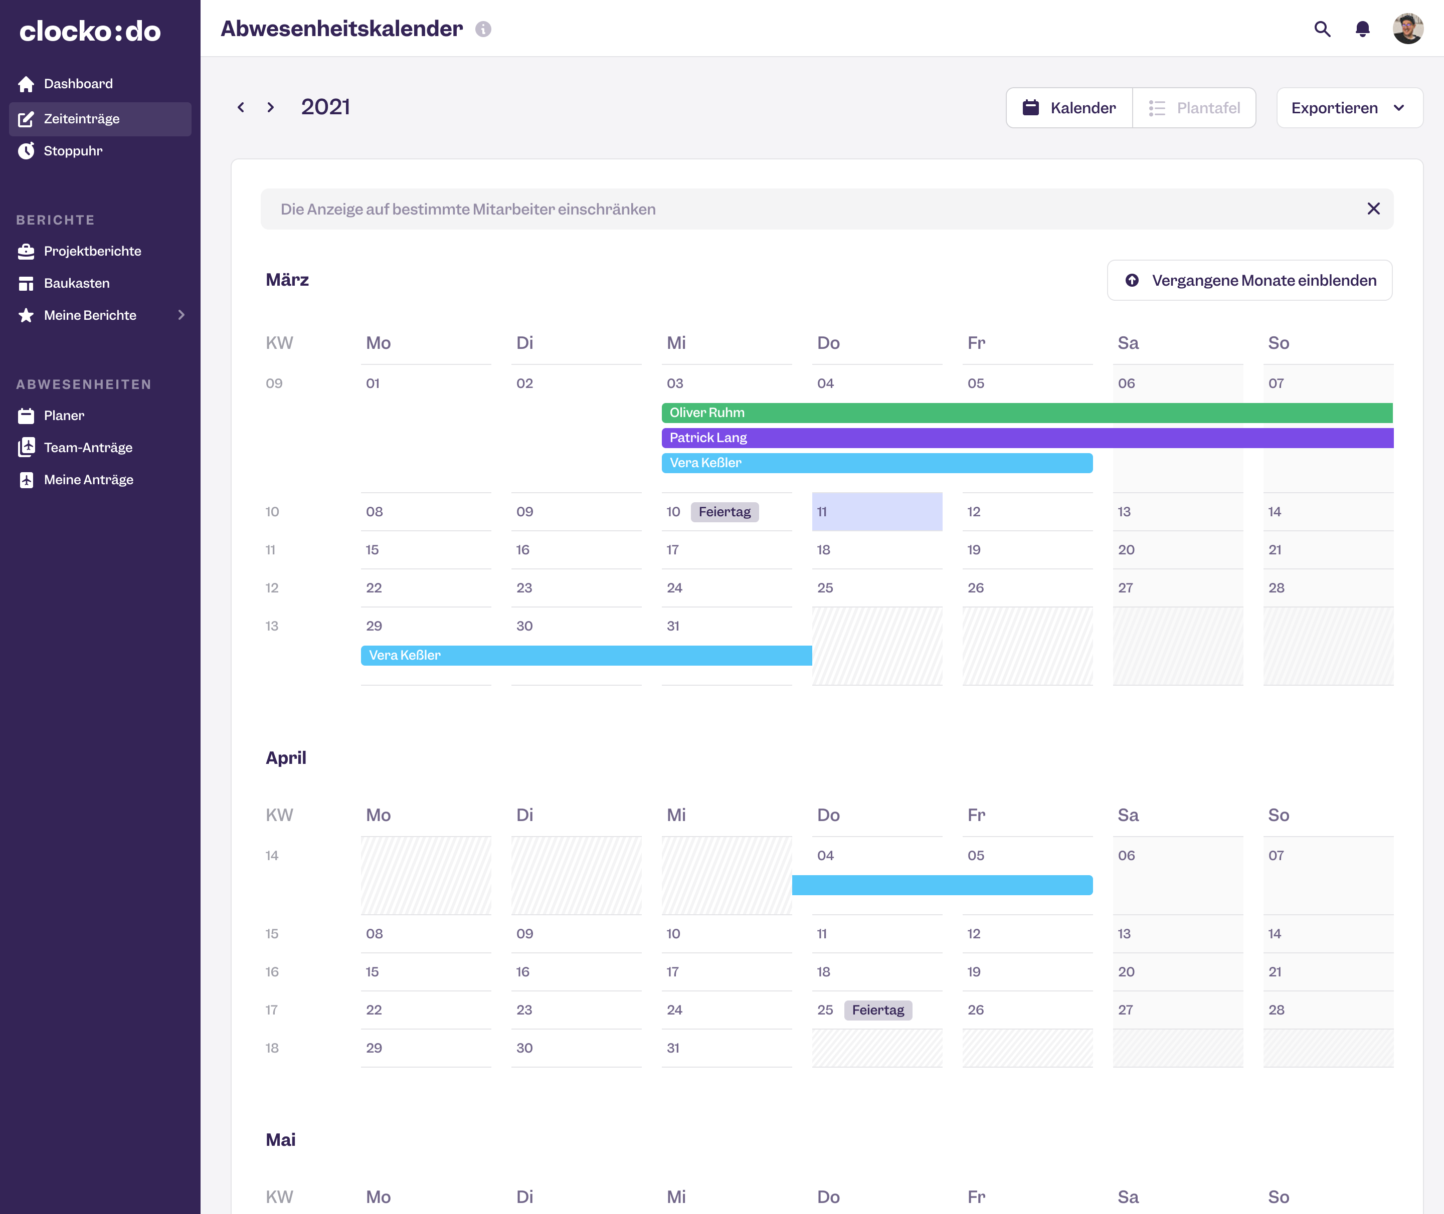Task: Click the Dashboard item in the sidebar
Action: (x=78, y=84)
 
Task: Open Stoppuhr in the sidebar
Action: (x=73, y=151)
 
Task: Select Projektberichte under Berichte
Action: (x=92, y=251)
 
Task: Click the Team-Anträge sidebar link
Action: (x=88, y=447)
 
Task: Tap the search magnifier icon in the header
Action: (x=1322, y=29)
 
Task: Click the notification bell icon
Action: (x=1362, y=29)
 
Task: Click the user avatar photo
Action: (x=1407, y=29)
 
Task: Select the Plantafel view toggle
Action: (x=1194, y=108)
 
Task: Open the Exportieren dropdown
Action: (x=1348, y=108)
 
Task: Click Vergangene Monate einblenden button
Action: (x=1249, y=280)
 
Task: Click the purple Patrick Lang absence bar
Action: (x=1025, y=438)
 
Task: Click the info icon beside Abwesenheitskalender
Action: (x=483, y=29)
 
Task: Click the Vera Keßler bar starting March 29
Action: (x=585, y=655)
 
